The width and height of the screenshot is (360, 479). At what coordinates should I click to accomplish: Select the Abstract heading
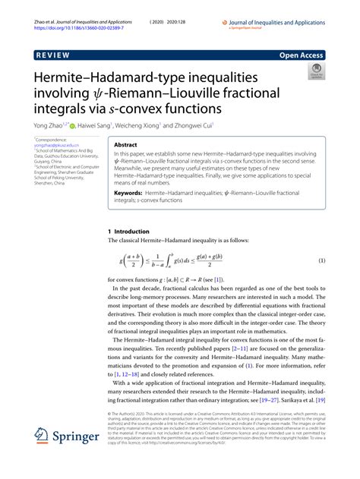click(127, 143)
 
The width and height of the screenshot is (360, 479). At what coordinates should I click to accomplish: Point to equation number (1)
click(322, 260)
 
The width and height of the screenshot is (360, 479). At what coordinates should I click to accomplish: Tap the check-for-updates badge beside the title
click(314, 73)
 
